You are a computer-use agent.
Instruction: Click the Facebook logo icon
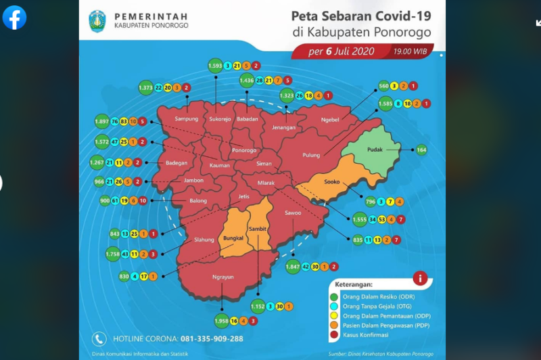tap(14, 18)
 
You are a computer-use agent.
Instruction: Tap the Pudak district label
tap(376, 149)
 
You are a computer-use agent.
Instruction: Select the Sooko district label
tap(331, 183)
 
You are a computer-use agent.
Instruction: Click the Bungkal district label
tap(233, 240)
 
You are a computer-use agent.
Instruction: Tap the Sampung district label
tap(186, 118)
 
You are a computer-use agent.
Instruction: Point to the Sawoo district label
tap(293, 213)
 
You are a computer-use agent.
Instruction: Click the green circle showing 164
tap(422, 150)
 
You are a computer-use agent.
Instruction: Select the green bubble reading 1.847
tap(293, 267)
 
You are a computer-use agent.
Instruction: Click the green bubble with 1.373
tap(146, 88)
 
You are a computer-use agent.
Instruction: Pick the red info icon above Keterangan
tap(419, 277)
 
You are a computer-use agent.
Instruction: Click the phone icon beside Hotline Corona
tap(99, 338)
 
